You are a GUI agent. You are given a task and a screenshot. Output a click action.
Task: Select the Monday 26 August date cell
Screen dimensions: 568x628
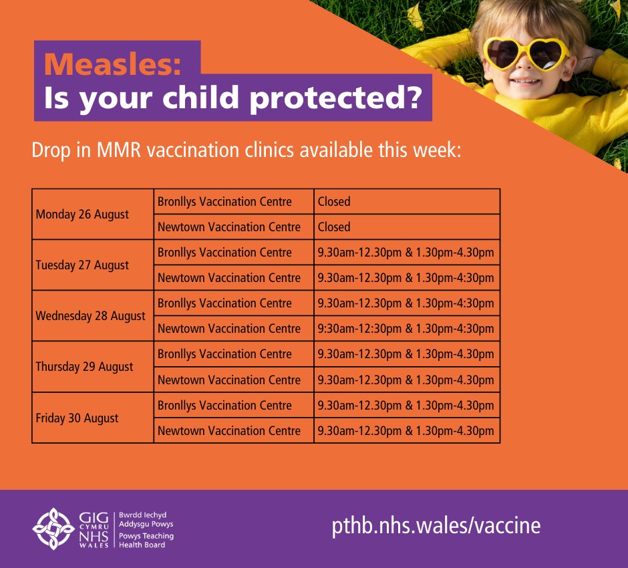82,215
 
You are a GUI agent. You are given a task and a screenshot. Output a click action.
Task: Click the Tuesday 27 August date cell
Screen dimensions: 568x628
83,265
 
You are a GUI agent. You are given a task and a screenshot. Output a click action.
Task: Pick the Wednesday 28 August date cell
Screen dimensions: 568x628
90,316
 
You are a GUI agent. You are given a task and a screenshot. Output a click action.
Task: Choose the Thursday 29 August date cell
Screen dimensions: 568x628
84,367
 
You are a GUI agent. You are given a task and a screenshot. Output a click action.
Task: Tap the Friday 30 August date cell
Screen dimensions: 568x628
77,418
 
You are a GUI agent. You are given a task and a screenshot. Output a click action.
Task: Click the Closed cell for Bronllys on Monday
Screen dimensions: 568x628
334,202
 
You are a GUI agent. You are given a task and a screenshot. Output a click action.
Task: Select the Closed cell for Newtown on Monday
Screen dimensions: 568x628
334,227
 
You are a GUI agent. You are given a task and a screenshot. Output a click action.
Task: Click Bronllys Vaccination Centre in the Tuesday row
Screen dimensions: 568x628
224,253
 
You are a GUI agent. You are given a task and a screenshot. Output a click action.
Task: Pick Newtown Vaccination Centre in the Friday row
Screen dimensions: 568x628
229,431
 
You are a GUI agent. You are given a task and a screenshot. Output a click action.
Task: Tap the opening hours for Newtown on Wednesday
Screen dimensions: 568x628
406,329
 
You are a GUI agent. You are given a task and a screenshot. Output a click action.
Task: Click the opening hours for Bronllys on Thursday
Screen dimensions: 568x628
406,354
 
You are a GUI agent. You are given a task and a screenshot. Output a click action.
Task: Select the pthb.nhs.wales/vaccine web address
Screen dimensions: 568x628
436,525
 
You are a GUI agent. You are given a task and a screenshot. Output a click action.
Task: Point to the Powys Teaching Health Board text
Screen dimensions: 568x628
146,541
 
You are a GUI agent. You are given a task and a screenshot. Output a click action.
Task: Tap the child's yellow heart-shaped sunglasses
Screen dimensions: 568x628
525,53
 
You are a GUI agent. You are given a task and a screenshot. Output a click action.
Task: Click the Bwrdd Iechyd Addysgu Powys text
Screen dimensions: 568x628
146,520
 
